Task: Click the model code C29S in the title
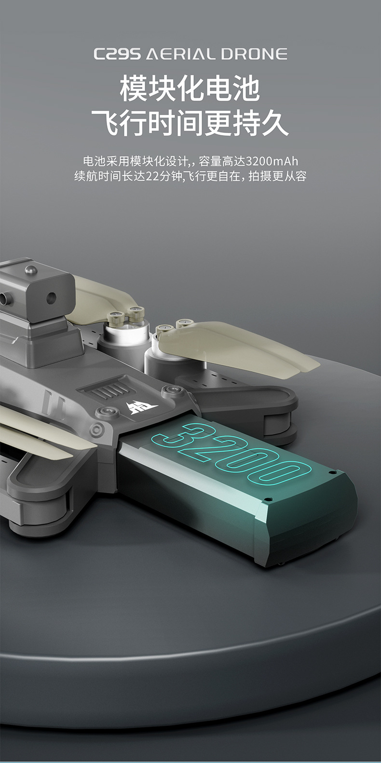point(117,54)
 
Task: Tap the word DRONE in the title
point(254,54)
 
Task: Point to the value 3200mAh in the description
point(272,161)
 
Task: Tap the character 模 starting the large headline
point(133,89)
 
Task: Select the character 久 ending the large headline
point(275,123)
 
